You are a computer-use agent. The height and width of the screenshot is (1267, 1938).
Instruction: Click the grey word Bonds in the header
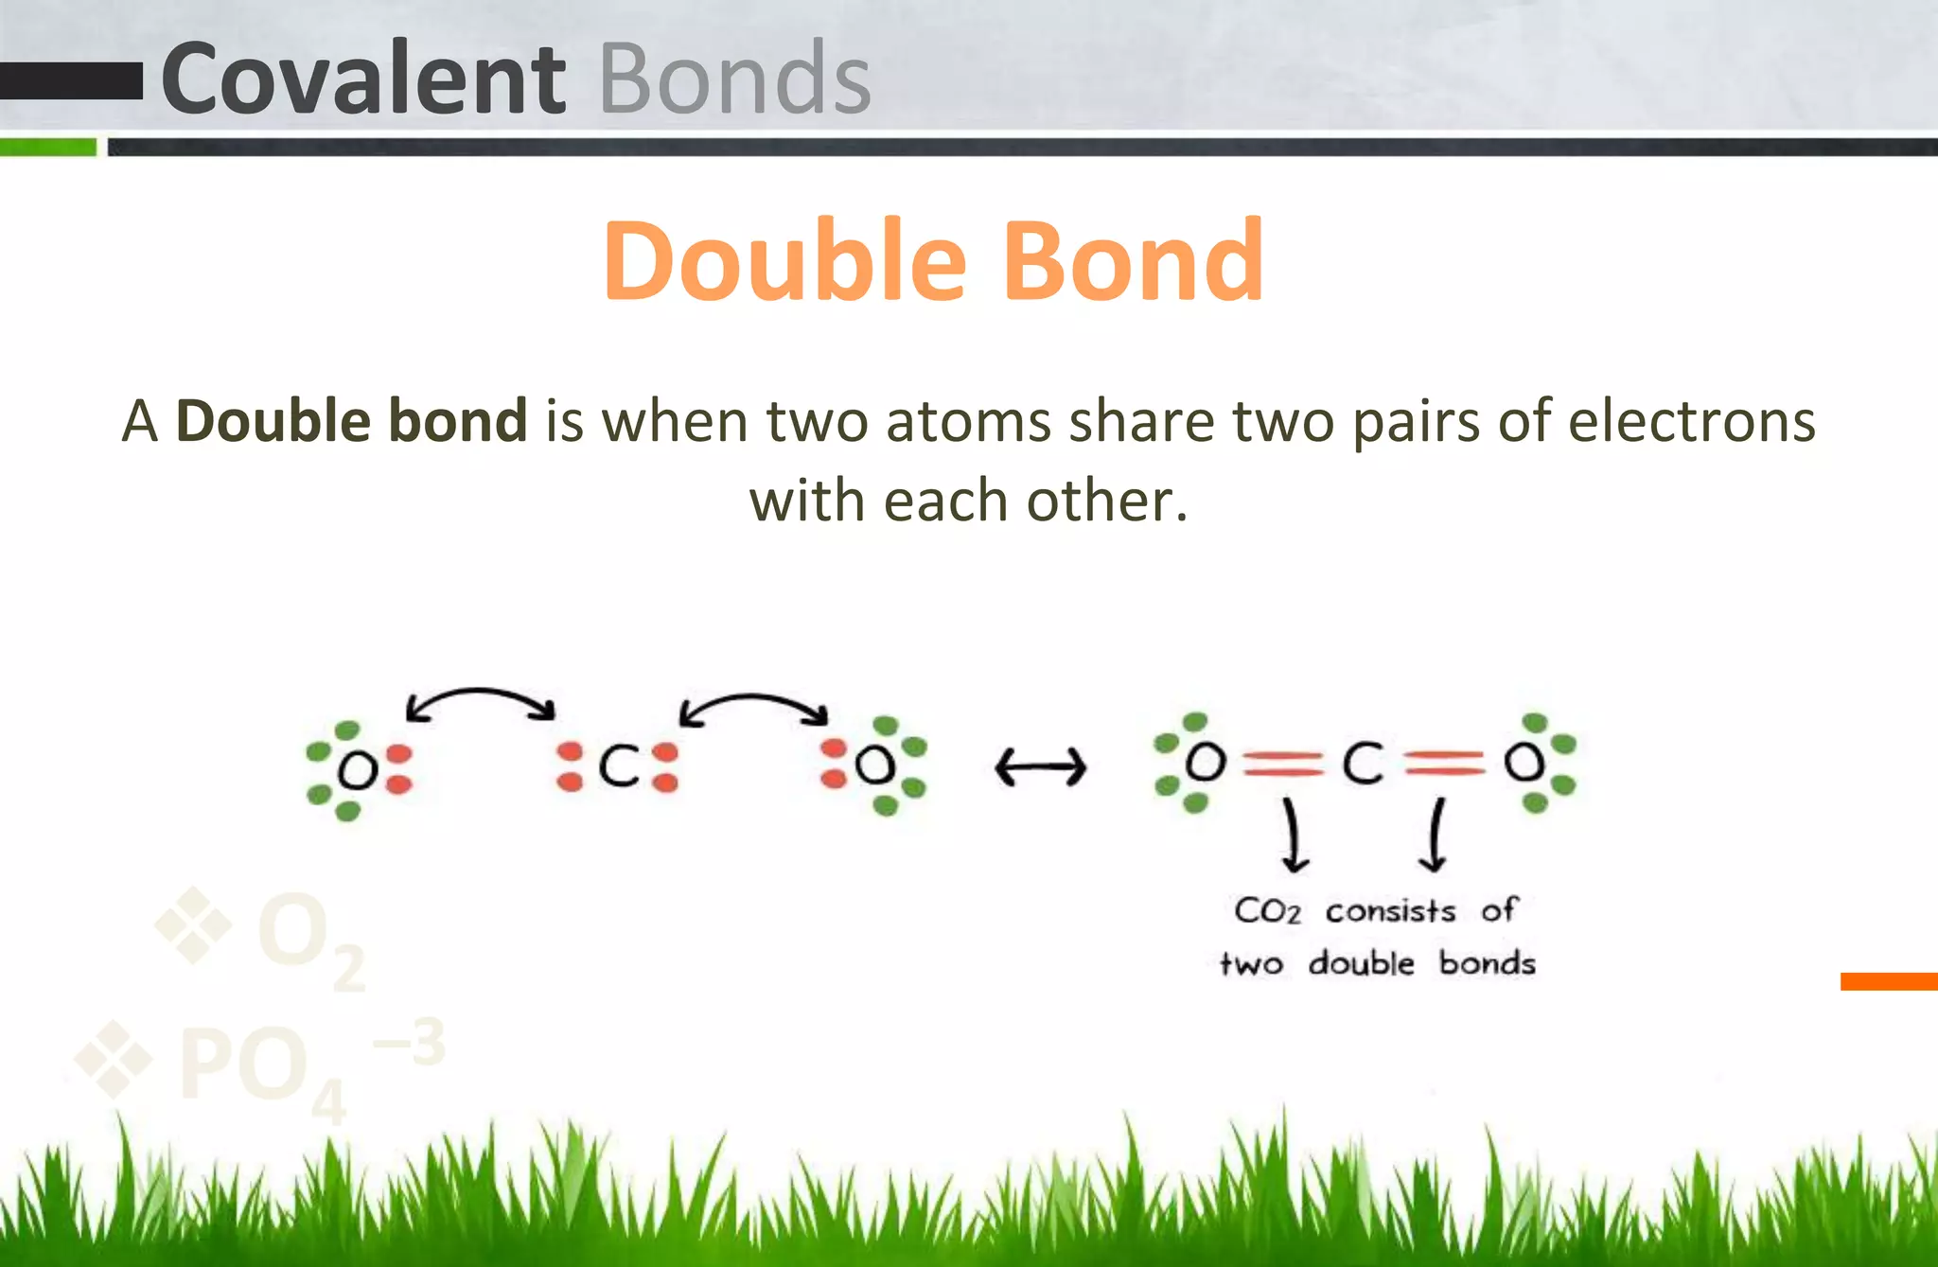[734, 79]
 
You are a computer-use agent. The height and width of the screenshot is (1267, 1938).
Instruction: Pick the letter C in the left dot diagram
[619, 765]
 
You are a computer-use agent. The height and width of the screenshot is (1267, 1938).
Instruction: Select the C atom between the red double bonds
[1363, 763]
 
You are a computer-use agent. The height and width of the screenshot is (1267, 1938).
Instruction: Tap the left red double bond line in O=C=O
[1282, 763]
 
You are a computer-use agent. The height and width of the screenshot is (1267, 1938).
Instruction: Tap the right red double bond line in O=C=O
[1444, 763]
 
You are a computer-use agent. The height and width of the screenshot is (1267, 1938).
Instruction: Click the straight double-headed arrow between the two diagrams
[1041, 766]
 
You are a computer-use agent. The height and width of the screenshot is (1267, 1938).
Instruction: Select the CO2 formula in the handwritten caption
[1268, 911]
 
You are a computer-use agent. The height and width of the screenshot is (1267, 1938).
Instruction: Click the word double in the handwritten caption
[1361, 963]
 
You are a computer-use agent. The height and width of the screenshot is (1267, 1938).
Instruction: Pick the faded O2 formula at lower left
[308, 937]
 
